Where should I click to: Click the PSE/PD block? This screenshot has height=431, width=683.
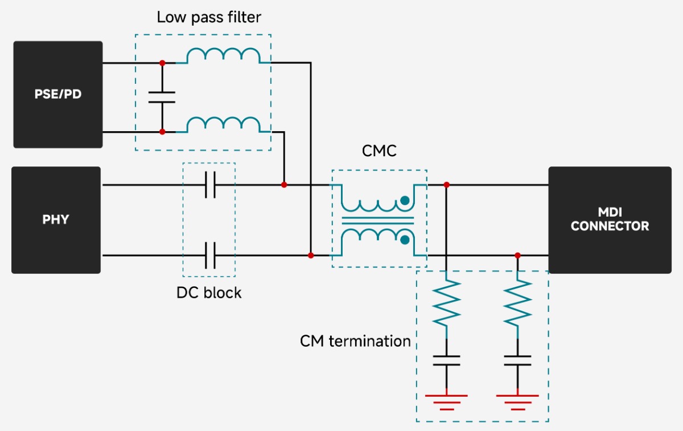[58, 95]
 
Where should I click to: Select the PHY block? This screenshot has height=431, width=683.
[56, 220]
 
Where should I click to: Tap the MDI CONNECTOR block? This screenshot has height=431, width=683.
[610, 220]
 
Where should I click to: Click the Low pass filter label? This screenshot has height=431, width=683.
[209, 17]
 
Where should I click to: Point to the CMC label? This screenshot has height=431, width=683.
[379, 151]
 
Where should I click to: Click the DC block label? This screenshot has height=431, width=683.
[209, 293]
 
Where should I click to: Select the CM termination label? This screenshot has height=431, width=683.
[355, 341]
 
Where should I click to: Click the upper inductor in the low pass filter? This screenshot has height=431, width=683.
[224, 56]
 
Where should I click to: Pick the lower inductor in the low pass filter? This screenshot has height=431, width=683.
[224, 125]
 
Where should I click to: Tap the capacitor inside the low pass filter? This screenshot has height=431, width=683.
[162, 97]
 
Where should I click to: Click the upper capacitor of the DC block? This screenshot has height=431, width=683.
[210, 185]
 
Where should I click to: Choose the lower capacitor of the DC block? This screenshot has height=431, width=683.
[210, 255]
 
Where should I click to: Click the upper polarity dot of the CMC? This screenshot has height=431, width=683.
[405, 200]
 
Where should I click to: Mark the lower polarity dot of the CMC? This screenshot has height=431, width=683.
[405, 240]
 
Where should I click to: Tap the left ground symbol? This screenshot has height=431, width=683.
[446, 401]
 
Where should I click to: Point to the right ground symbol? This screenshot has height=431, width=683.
[518, 401]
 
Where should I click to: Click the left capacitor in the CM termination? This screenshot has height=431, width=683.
[446, 360]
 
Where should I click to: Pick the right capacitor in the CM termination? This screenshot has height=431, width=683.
[518, 360]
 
